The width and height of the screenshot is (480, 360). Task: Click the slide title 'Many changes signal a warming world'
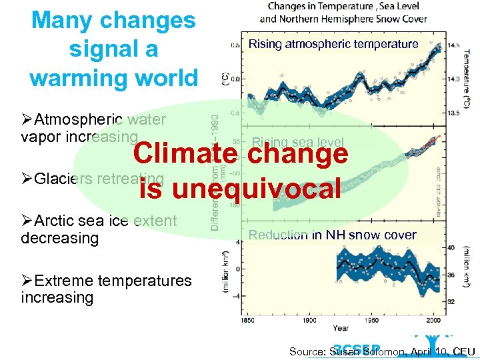coord(113,49)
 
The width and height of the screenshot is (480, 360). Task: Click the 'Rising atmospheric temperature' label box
coord(333,44)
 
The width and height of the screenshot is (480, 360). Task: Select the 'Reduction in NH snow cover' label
coord(332,235)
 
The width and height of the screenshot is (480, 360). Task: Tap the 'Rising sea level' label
coord(298,142)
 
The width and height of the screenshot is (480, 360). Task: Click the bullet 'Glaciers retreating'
coord(93,179)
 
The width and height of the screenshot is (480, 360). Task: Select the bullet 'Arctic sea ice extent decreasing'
coord(99,229)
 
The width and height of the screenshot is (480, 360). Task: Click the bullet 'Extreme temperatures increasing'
coord(107,289)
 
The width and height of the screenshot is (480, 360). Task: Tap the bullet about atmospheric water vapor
coord(93,128)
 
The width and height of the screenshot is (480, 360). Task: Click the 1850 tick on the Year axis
coord(248,319)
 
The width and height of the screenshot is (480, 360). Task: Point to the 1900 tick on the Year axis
coord(309,319)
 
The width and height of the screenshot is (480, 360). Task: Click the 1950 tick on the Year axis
coord(371,319)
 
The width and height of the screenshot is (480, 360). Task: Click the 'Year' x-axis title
coord(340,328)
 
